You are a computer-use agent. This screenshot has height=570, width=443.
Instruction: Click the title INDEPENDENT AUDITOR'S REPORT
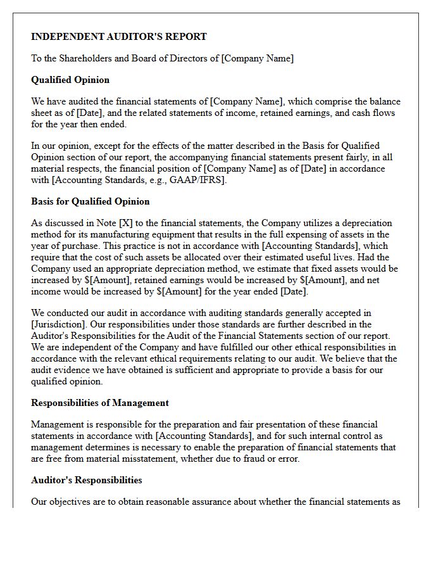click(119, 37)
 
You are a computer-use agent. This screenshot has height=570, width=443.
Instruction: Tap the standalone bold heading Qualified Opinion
click(70, 80)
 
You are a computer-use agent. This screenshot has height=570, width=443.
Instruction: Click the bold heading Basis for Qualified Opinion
click(90, 201)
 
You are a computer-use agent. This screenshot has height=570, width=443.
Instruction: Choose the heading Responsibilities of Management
click(100, 403)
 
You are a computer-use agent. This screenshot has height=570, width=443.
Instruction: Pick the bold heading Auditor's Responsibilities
click(86, 480)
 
